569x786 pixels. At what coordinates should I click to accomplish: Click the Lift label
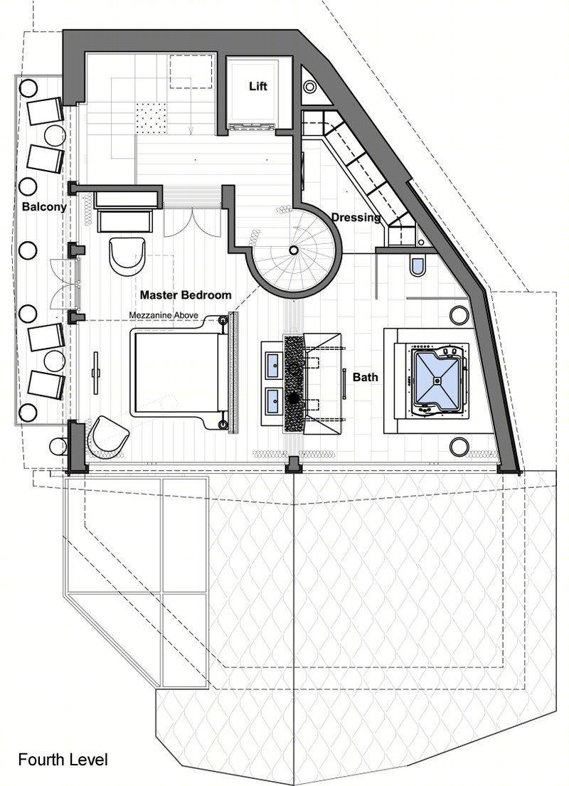[x=258, y=86]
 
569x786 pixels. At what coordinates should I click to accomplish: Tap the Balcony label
[x=44, y=206]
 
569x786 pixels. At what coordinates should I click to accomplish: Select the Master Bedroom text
[x=186, y=294]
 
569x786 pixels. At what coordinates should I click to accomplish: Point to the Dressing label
[x=356, y=218]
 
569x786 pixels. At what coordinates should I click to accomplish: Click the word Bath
[x=366, y=377]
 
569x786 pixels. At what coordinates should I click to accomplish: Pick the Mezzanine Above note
[x=164, y=315]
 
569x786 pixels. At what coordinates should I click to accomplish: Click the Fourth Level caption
[x=63, y=760]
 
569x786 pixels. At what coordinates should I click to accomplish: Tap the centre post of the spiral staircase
[x=293, y=250]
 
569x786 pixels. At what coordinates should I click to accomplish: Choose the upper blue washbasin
[x=274, y=361]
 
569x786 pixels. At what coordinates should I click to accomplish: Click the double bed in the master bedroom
[x=181, y=372]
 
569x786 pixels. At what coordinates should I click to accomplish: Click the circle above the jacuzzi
[x=459, y=315]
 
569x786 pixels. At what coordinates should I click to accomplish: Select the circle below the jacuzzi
[x=459, y=445]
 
